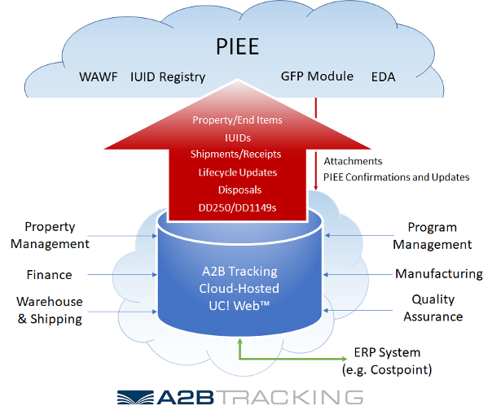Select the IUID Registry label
point(168,78)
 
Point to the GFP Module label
point(318,76)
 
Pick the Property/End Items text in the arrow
point(237,120)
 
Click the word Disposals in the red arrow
point(237,190)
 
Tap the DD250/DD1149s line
point(237,207)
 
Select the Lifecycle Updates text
point(237,172)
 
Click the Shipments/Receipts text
point(237,155)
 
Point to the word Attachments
point(353,162)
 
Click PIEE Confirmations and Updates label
point(397,177)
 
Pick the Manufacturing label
point(438,274)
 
